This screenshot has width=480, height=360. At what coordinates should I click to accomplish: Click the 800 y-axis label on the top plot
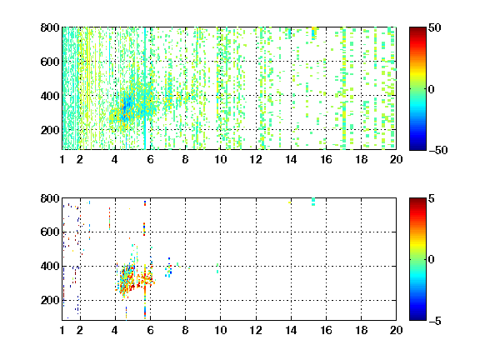(x=50, y=27)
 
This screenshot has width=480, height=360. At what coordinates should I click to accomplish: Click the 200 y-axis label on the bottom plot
(x=50, y=300)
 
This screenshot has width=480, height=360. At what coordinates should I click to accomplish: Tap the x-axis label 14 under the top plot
(x=291, y=159)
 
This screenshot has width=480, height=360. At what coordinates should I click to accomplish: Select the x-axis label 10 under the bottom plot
(x=220, y=330)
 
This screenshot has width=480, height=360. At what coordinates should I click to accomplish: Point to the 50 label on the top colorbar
(x=434, y=27)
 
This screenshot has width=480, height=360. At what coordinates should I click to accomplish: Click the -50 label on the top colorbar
(x=437, y=150)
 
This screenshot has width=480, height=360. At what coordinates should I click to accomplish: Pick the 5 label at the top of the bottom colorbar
(x=432, y=198)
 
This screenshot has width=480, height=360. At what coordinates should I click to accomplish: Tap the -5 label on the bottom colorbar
(x=435, y=321)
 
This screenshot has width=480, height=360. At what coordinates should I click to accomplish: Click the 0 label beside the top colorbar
(x=431, y=89)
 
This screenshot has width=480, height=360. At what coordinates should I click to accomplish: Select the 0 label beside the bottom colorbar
(x=431, y=260)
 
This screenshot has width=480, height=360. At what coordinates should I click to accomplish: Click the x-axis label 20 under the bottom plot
(x=396, y=330)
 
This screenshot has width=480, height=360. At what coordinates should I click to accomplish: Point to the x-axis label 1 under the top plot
(x=62, y=159)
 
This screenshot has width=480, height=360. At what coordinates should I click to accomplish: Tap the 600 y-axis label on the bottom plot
(x=50, y=232)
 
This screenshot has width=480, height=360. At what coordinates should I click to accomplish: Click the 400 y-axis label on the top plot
(x=50, y=96)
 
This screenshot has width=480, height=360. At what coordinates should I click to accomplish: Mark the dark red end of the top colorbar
(x=417, y=29)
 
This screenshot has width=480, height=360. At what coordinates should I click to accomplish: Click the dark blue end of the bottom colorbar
(x=417, y=318)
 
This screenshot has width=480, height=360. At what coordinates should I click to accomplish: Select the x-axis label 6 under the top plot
(x=150, y=159)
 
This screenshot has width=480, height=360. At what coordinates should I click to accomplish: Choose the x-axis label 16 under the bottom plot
(x=326, y=330)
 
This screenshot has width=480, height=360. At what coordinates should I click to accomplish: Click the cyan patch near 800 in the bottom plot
(x=313, y=202)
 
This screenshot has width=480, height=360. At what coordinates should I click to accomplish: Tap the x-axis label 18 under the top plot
(x=361, y=159)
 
